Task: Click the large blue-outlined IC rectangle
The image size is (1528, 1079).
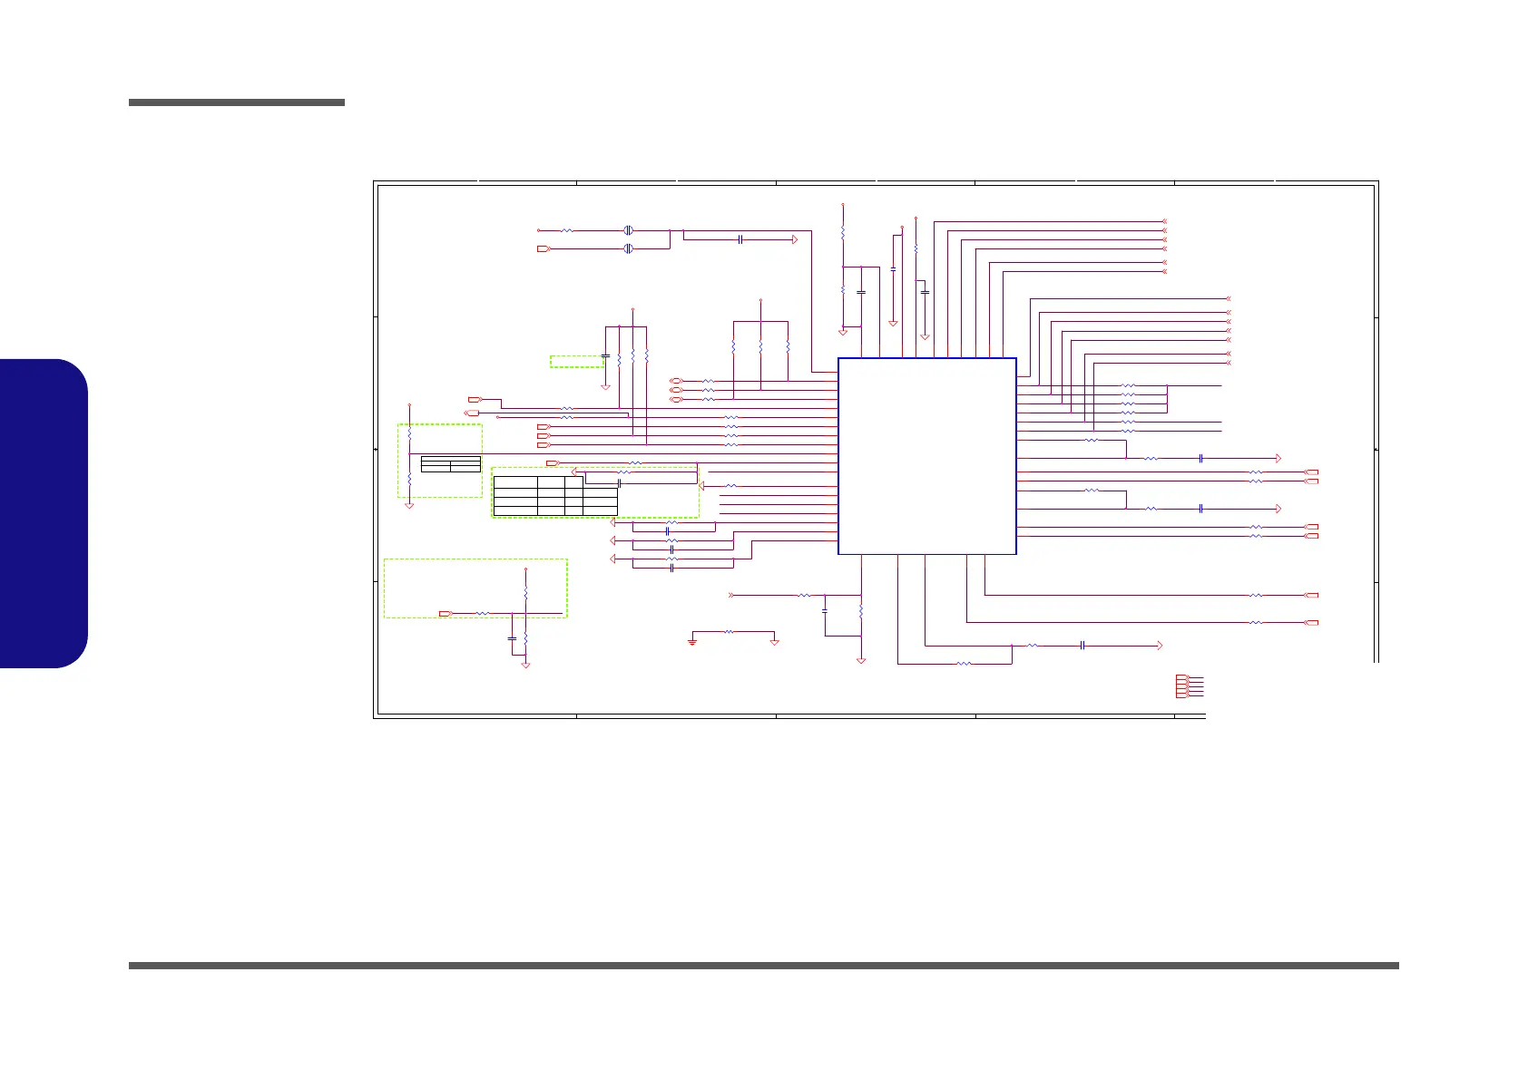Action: (926, 455)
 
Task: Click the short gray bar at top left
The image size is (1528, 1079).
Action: (236, 102)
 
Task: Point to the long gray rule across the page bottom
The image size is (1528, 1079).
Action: (763, 966)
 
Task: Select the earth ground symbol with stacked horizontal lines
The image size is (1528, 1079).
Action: (692, 641)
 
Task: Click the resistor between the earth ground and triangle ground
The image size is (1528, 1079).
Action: (729, 632)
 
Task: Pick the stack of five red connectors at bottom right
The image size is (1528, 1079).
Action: (1181, 686)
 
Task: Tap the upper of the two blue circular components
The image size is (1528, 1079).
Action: (628, 230)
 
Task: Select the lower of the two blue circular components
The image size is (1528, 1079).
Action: (628, 248)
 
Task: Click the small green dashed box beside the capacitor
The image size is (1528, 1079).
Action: (576, 362)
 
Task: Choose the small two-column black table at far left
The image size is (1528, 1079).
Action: (451, 464)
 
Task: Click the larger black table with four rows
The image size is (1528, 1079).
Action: (554, 495)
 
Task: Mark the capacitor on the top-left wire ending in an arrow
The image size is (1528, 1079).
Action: (741, 239)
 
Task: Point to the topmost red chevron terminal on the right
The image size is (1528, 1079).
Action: (1164, 221)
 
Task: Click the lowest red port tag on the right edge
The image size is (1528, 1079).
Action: (1310, 623)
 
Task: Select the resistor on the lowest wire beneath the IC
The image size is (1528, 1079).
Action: (964, 664)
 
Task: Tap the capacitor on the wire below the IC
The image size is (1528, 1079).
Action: (1083, 646)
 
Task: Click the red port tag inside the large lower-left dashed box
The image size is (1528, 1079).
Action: (446, 614)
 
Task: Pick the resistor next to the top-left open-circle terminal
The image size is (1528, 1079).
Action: (567, 230)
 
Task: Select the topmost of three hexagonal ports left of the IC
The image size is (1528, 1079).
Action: (675, 381)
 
